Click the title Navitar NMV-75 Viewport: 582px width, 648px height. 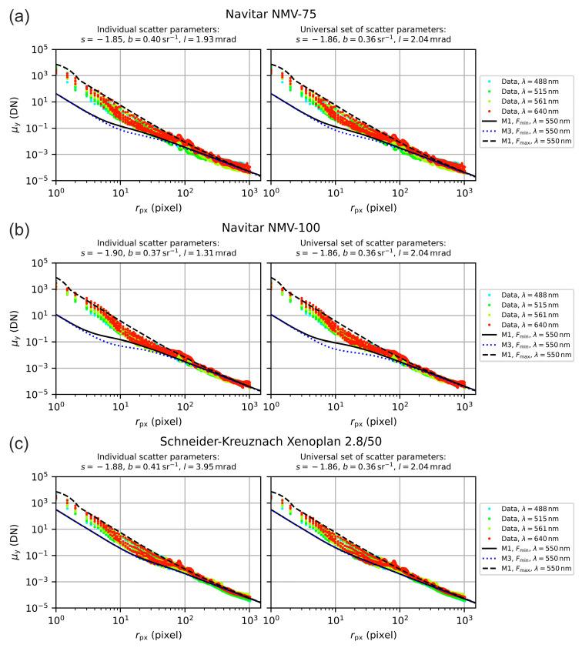pyautogui.click(x=291, y=13)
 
